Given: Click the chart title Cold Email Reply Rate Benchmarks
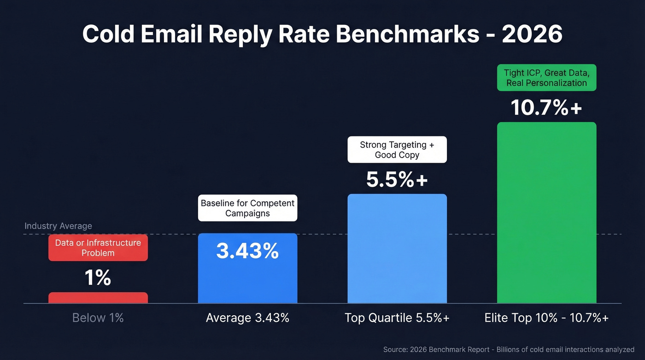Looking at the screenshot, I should (281, 34).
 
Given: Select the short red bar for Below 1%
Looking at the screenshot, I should (98, 298).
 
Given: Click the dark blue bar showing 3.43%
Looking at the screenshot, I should (247, 281).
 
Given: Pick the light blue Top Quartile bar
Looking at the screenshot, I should (397, 249).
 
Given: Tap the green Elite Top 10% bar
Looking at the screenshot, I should (546, 212).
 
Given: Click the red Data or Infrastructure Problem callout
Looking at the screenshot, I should (98, 248).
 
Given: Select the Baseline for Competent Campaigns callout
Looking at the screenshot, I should (247, 208).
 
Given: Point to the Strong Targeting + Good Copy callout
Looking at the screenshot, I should (397, 149).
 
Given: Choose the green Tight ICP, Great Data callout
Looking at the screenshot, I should (546, 77).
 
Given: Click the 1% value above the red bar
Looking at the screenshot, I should (98, 278).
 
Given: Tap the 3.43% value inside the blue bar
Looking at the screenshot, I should (247, 251).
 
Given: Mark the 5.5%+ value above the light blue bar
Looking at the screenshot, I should (397, 180).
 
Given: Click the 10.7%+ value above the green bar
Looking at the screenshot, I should (546, 108).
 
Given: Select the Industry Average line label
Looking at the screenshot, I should (58, 226).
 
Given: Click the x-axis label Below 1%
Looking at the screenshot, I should (98, 318).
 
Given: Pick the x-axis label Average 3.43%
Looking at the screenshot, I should (247, 318).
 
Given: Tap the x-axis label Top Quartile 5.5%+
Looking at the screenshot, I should (397, 318).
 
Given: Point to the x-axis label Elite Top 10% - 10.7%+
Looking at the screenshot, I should (546, 318).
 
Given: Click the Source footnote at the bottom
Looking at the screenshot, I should (509, 350).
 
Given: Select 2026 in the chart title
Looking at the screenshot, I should (532, 34).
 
